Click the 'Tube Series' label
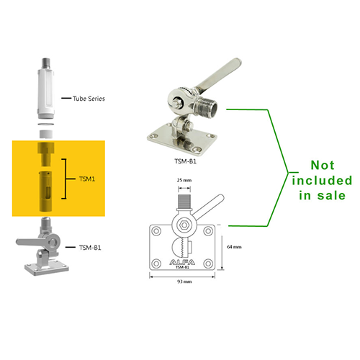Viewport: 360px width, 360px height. click(x=89, y=99)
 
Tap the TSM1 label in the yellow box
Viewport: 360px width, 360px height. click(x=87, y=179)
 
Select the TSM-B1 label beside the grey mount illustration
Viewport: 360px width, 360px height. click(x=90, y=248)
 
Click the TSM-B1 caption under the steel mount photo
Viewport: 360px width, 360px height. click(x=185, y=161)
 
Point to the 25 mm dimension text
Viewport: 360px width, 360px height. click(x=184, y=180)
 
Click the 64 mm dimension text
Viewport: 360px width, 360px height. click(x=234, y=246)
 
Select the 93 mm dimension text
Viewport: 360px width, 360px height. click(x=184, y=282)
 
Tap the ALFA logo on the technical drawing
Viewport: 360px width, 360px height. click(x=182, y=262)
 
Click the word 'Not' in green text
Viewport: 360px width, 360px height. click(x=323, y=165)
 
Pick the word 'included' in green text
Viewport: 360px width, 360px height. click(x=322, y=181)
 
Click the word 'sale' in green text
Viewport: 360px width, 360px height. click(x=331, y=195)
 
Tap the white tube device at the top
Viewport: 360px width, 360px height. click(x=45, y=89)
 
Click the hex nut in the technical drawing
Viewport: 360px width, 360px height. click(x=184, y=225)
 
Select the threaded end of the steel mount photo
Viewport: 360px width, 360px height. click(x=207, y=106)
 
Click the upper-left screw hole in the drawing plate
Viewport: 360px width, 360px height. click(x=156, y=231)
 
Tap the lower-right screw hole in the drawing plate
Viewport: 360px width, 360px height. click(x=208, y=264)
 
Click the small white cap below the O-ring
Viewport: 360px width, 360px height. click(x=45, y=134)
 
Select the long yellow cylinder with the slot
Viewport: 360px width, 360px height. click(x=45, y=192)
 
